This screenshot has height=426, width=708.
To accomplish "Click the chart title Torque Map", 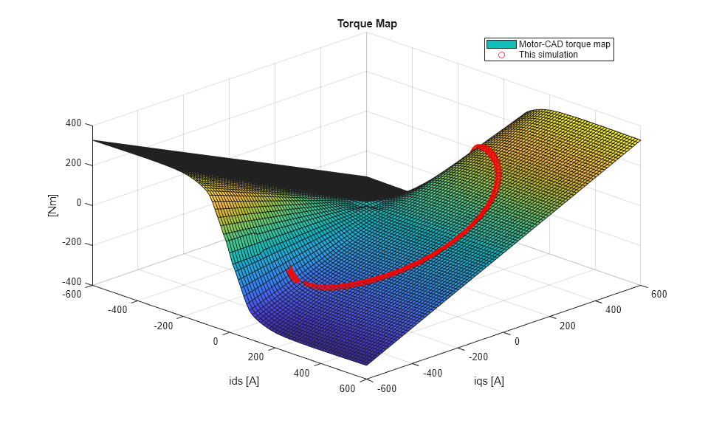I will [x=367, y=24].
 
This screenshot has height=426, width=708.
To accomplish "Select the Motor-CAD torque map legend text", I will [x=565, y=44].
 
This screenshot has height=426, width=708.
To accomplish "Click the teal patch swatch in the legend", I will [x=501, y=44].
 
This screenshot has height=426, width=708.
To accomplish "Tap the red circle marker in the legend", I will [x=501, y=55].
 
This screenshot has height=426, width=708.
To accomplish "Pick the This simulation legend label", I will [x=548, y=55].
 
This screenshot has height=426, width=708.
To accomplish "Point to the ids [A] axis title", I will [x=244, y=381].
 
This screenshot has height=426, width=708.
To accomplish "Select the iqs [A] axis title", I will [x=489, y=381].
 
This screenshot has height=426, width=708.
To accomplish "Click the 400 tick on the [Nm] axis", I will [x=73, y=124].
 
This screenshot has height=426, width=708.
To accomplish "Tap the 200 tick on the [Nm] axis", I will [x=73, y=164].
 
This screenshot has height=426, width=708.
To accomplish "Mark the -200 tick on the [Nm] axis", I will [x=71, y=243].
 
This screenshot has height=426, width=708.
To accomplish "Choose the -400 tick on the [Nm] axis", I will [x=71, y=282].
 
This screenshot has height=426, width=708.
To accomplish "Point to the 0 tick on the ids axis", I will [x=216, y=342].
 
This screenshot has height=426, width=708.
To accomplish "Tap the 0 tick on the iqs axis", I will [x=516, y=342].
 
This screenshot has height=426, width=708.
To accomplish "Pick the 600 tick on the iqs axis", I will [x=658, y=294].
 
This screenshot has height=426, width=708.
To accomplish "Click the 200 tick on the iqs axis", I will [x=566, y=326].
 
